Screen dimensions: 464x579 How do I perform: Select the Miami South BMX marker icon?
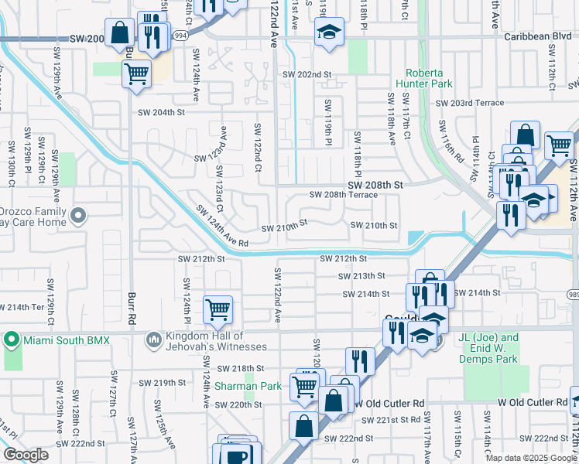[12, 339]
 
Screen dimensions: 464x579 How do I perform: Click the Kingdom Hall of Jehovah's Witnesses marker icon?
[153, 339]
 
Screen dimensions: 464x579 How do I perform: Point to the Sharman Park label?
[237, 385]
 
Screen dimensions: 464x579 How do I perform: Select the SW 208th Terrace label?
[343, 196]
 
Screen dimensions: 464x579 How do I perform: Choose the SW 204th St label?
[162, 112]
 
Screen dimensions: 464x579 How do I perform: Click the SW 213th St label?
[361, 275]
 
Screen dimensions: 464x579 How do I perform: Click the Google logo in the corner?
[26, 455]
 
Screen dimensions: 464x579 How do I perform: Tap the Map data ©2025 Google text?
[531, 458]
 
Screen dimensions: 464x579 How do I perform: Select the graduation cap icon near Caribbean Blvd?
[329, 33]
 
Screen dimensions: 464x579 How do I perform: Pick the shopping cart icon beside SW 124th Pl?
[218, 309]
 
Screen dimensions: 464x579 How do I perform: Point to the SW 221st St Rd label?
[393, 419]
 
